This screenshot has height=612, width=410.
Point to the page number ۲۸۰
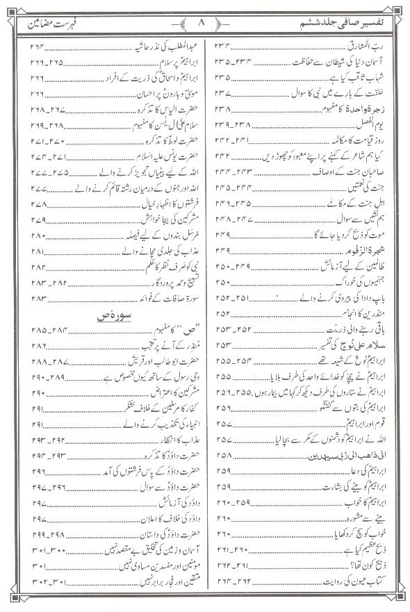pos(38,235)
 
